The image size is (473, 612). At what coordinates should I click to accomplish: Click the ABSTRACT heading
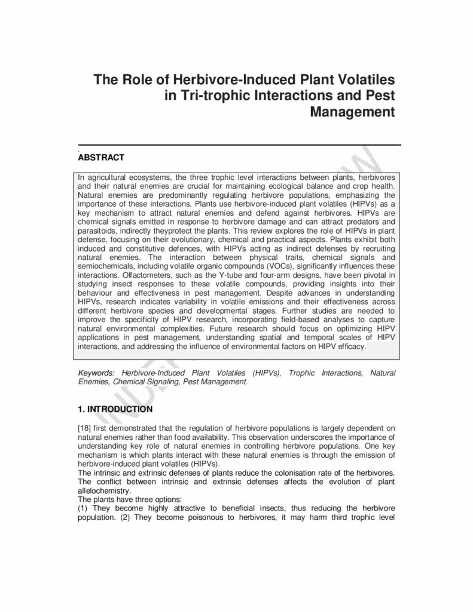pyautogui.click(x=101, y=158)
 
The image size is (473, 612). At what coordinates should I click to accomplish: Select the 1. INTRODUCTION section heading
pyautogui.click(x=115, y=409)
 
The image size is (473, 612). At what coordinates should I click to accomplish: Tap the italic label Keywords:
pyautogui.click(x=96, y=373)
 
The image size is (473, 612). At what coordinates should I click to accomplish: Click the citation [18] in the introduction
pyautogui.click(x=85, y=429)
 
